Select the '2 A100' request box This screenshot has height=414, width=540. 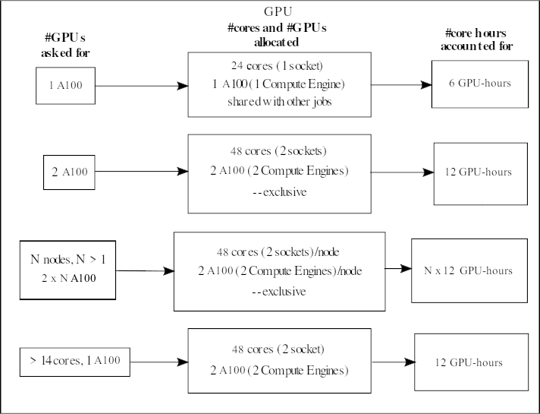coord(70,172)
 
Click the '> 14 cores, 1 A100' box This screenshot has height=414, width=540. coord(72,362)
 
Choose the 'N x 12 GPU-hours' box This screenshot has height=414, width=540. coord(468,270)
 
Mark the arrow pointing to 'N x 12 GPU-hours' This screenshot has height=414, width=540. coord(397,268)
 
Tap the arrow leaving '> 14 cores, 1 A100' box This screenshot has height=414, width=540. coord(155,362)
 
